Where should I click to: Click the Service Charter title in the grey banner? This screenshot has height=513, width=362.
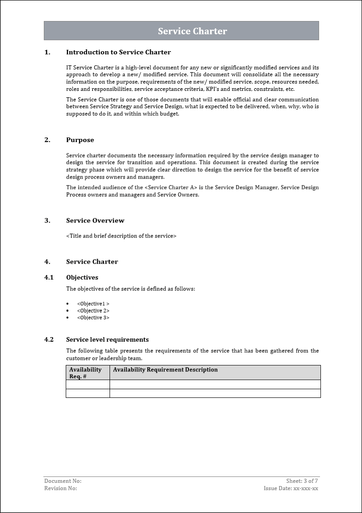coord(192,31)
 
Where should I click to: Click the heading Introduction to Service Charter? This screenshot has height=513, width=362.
coord(118,52)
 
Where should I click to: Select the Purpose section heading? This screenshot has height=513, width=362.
coord(80,140)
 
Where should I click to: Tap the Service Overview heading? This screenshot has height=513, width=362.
coord(95,220)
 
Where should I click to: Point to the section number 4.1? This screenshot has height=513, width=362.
coord(49,277)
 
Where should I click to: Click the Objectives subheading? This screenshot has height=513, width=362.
coord(82,277)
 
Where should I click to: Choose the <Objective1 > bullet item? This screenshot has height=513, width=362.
coord(93,304)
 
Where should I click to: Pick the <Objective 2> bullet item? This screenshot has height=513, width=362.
coord(93,311)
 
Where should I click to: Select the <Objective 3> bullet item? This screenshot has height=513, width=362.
coord(93,317)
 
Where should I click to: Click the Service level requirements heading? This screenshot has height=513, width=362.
coord(107,339)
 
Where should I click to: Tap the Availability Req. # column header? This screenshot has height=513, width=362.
coord(85,373)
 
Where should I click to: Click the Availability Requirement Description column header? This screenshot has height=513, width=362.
coord(165,370)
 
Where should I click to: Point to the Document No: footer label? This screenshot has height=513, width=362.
coord(63,481)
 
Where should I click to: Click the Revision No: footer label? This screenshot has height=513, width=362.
coord(61,488)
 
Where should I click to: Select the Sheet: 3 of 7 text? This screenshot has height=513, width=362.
coord(302,481)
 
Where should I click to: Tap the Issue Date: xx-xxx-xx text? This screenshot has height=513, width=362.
coord(291,488)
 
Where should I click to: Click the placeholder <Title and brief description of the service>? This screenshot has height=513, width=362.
coord(121,236)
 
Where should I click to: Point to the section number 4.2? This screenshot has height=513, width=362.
coord(49,339)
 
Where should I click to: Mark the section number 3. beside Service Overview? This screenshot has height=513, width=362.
coord(47,220)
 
